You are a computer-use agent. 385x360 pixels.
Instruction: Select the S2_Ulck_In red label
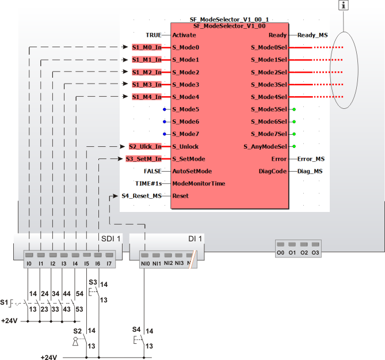pos(144,146)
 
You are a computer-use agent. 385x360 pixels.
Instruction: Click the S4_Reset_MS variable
pos(141,196)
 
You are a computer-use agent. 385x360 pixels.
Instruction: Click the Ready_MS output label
pos(312,35)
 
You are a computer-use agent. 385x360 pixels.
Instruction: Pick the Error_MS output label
pos(311,158)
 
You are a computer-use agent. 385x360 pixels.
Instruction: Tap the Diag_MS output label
pos(310,171)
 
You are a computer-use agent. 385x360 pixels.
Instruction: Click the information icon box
pos(344,6)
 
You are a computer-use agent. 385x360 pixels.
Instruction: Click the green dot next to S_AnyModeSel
pos(294,146)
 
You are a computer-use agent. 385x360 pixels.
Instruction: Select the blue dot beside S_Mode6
pos(164,122)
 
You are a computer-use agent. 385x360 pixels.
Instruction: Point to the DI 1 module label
pos(196,238)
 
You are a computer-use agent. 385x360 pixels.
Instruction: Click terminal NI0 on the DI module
pos(145,263)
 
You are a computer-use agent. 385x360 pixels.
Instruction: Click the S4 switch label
pos(136,329)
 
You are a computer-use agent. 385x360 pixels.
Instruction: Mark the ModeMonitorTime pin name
pos(199,183)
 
